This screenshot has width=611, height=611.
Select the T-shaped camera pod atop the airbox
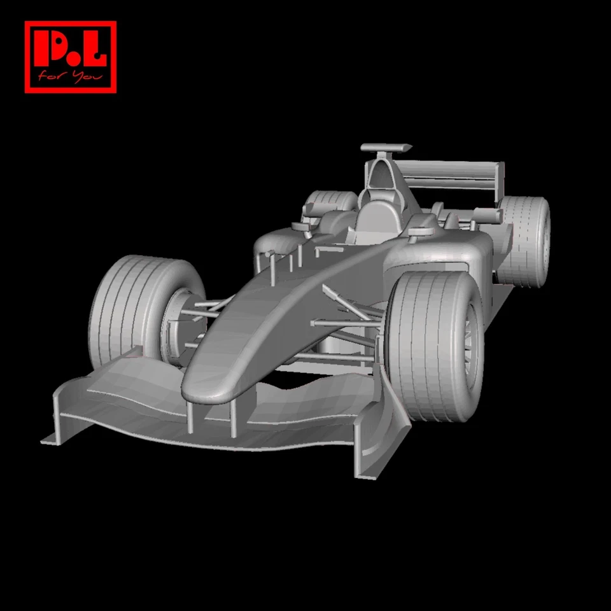pyautogui.click(x=386, y=148)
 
